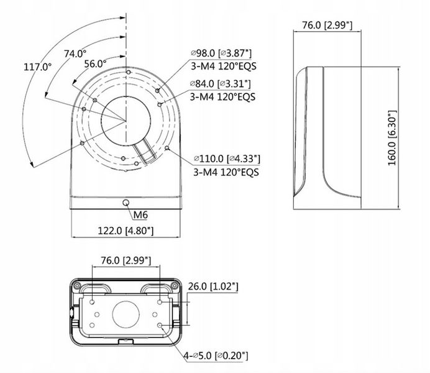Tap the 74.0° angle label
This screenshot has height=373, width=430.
click(x=75, y=53)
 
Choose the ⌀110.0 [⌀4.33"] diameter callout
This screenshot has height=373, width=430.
click(x=227, y=159)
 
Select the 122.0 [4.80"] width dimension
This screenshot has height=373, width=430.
click(x=127, y=231)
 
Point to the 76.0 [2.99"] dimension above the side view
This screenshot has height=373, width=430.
click(x=327, y=25)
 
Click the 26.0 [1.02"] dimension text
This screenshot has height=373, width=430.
click(x=213, y=286)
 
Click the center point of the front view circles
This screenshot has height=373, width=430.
click(x=126, y=121)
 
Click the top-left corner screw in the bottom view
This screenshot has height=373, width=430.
click(x=76, y=284)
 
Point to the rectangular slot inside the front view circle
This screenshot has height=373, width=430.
click(x=147, y=151)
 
